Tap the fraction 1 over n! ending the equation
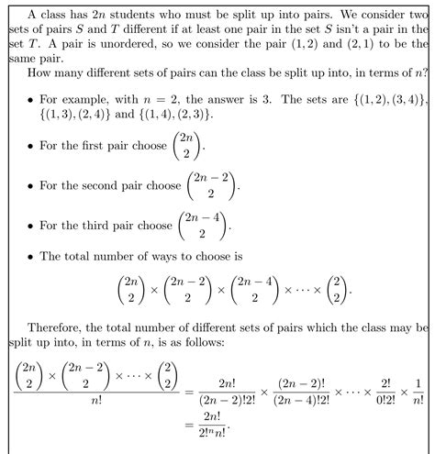click(x=419, y=387)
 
